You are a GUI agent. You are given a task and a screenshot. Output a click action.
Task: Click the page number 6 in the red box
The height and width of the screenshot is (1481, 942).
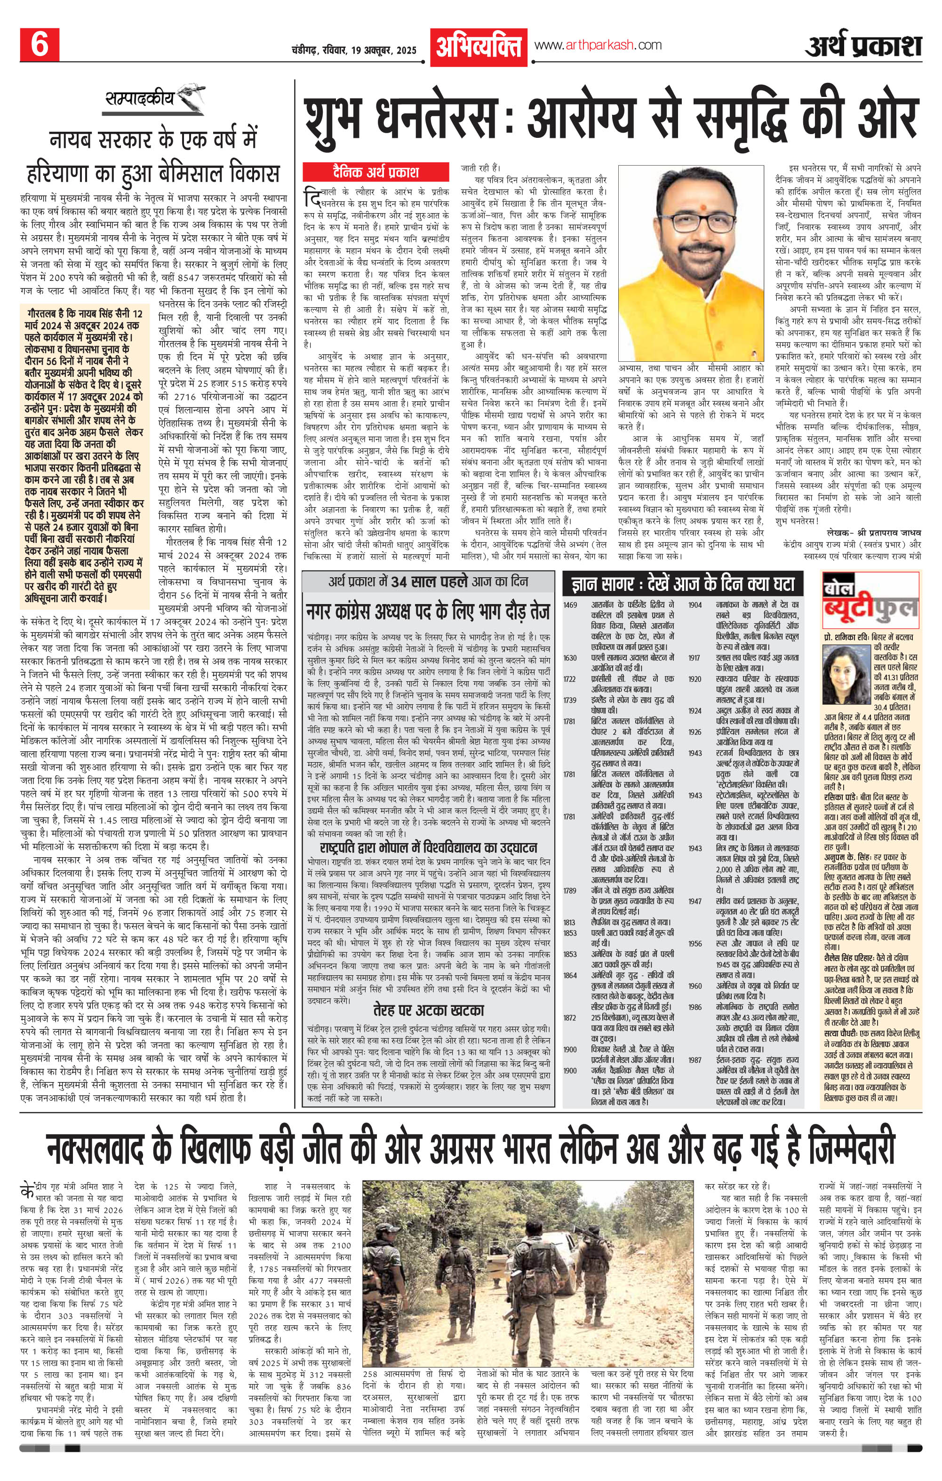click(40, 46)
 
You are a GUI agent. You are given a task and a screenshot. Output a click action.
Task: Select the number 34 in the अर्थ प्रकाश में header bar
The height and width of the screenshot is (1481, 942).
click(401, 582)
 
